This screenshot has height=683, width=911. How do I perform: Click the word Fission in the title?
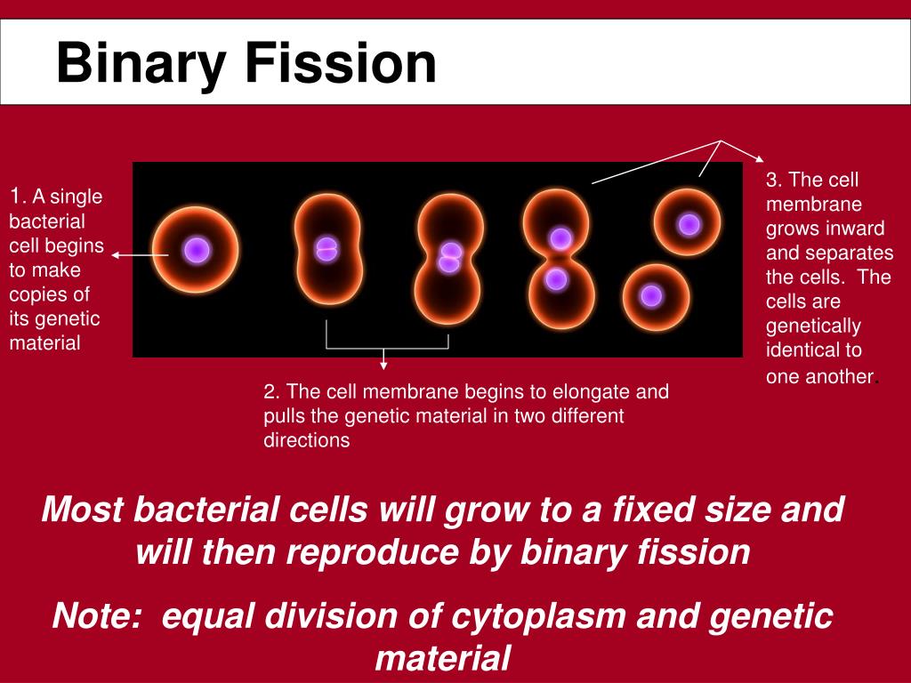pyautogui.click(x=341, y=64)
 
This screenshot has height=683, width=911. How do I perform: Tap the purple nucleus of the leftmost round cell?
pyautogui.click(x=197, y=250)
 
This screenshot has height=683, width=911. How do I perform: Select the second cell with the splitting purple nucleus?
pyautogui.click(x=327, y=248)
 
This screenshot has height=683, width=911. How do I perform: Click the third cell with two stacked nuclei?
pyautogui.click(x=450, y=258)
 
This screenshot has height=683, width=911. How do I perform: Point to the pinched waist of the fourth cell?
pyautogui.click(x=558, y=259)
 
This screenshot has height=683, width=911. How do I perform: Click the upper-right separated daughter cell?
pyautogui.click(x=688, y=223)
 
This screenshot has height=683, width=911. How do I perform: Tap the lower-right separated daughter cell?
pyautogui.click(x=655, y=295)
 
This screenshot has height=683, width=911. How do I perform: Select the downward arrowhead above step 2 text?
pyautogui.click(x=383, y=364)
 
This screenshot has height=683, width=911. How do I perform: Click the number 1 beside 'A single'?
pyautogui.click(x=14, y=197)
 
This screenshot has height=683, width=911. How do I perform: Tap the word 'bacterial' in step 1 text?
pyautogui.click(x=47, y=221)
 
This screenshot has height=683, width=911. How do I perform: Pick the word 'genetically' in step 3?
pyautogui.click(x=813, y=325)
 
